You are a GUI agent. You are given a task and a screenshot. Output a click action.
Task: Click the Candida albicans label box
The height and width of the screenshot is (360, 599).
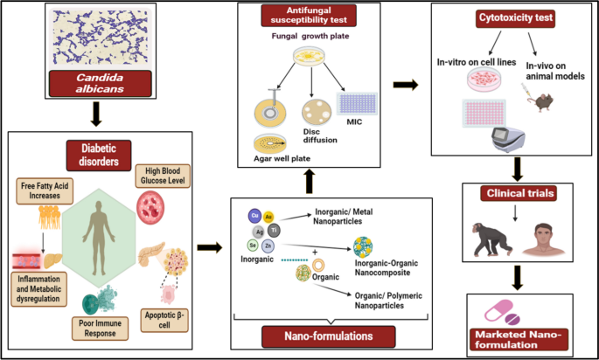coord(100,83)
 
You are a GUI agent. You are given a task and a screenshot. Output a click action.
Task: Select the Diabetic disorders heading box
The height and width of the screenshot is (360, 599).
coord(99,155)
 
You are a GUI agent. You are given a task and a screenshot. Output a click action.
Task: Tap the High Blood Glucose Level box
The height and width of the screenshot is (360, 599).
coord(163,176)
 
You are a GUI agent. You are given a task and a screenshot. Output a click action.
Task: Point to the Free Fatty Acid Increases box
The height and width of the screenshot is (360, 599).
coord(45,190)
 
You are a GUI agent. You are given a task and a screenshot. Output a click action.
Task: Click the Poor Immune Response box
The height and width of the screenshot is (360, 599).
coord(100,328)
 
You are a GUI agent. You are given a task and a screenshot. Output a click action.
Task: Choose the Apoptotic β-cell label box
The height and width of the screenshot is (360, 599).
coord(164,320)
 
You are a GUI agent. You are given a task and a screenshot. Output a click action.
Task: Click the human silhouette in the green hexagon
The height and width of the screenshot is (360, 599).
coord(99,238)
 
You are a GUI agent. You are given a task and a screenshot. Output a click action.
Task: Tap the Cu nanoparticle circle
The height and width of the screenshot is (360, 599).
coord(254,216)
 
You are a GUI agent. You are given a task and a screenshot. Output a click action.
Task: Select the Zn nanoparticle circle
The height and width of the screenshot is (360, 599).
coord(268,246)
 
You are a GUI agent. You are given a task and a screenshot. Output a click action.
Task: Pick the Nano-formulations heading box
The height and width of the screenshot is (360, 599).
coord(329,336)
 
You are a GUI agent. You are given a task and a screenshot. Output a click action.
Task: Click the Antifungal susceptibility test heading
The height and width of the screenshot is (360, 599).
coord(309,15)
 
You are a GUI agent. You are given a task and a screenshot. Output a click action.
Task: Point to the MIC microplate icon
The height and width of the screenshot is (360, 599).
coord(357,103)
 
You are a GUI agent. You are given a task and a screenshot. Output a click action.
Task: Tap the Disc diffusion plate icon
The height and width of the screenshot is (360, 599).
coord(317,112)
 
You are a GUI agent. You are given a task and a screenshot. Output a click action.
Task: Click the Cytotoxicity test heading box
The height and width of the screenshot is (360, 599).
coord(515,18)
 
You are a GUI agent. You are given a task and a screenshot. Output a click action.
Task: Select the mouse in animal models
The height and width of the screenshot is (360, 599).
coord(541,102)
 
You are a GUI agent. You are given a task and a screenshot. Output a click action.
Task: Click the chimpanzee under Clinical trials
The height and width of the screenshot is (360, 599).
coord(491,239)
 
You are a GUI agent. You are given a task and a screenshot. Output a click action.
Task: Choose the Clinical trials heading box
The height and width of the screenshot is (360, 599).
coord(519,193)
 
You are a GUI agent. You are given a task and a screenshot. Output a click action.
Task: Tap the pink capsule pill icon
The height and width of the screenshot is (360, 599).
coord(498,310)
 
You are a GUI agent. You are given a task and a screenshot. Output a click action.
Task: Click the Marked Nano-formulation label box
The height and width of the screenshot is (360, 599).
coord(519,339)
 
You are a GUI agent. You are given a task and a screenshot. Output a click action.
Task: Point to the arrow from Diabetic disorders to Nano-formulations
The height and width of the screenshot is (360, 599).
coord(210,247)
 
